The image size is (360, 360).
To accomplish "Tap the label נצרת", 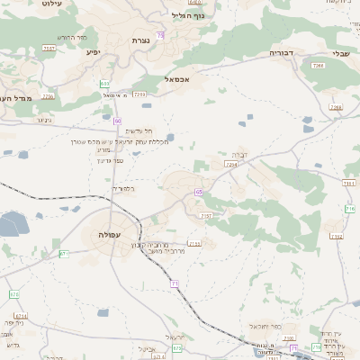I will pyautogui.click(x=140, y=40).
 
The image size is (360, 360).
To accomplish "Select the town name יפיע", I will pyautogui.click(x=93, y=52).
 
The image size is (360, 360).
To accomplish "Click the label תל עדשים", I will pyautogui.click(x=130, y=131).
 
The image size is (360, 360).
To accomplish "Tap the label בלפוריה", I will pyautogui.click(x=123, y=189).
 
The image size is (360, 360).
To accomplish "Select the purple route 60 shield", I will pyautogui.click(x=118, y=119).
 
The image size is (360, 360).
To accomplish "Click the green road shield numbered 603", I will pyautogui.click(x=106, y=84).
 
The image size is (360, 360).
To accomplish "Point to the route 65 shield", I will pyautogui.click(x=197, y=192).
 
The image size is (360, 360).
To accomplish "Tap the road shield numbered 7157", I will pyautogui.click(x=206, y=215).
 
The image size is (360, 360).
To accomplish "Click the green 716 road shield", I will pyautogui.click(x=349, y=208).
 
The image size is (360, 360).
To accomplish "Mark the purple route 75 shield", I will pyautogui.click(x=160, y=35).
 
